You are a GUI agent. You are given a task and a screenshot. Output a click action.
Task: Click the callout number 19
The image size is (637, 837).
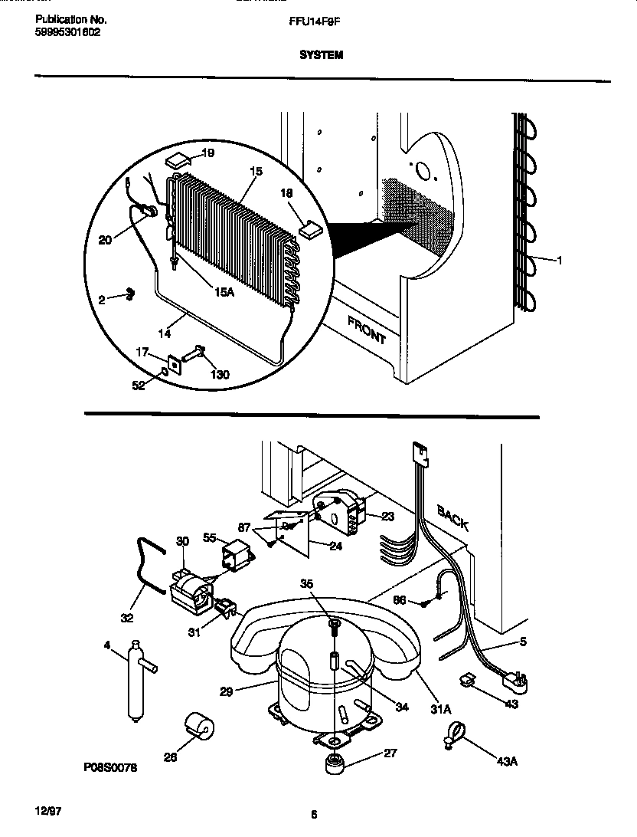point(207,153)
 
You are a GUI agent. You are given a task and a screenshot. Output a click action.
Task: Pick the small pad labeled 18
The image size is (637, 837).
point(312,227)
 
